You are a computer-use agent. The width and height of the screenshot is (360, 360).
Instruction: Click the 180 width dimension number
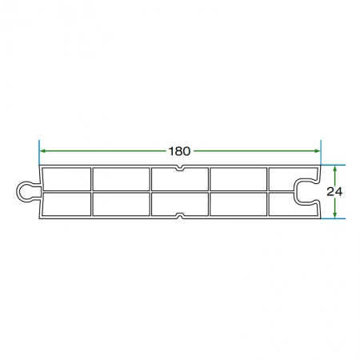[x=179, y=151]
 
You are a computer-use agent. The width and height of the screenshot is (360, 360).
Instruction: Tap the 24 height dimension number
[x=334, y=191]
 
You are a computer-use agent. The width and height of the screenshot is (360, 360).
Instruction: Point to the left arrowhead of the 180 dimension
[x=42, y=151]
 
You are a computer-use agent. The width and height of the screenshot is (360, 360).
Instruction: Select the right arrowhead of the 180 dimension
[x=317, y=151]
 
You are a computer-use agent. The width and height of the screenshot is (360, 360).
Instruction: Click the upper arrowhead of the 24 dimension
[x=335, y=168]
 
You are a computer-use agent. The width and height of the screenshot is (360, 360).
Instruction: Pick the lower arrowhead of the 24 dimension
[x=335, y=215]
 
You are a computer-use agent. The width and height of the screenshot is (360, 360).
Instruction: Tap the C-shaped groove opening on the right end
[x=306, y=192]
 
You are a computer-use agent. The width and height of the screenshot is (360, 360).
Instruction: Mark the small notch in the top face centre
[x=181, y=168]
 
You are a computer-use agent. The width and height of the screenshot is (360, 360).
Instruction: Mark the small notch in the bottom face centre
[x=181, y=216]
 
